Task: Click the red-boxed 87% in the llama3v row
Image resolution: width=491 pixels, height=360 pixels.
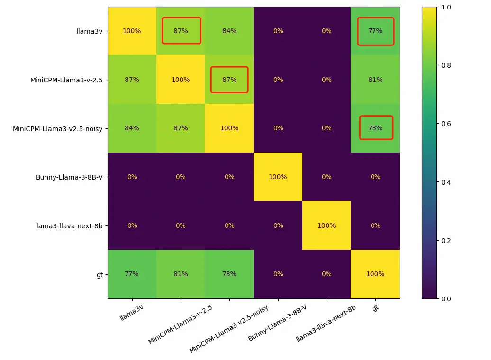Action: coord(181,31)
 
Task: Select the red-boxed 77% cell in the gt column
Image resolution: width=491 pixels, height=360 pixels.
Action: coord(375,31)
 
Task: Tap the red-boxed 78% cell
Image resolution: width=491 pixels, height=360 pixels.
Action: coord(375,128)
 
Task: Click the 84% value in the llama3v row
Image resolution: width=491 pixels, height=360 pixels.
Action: coord(229,31)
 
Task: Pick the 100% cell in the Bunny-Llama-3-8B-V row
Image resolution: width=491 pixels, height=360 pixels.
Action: coord(278,177)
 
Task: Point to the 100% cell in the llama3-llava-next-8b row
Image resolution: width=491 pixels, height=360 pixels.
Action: coord(327,225)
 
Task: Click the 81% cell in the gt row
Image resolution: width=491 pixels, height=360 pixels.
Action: coord(181,274)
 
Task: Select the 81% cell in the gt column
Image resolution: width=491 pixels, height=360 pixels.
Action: coord(375,80)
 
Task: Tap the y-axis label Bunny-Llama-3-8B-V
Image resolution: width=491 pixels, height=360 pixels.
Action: coord(70,177)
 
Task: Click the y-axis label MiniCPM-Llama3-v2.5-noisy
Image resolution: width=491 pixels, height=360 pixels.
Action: coord(58,128)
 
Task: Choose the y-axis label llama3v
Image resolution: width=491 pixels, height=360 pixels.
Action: coord(92,31)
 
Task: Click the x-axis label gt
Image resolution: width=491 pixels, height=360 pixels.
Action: coord(375,308)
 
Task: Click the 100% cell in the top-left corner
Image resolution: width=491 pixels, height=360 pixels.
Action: coord(132,31)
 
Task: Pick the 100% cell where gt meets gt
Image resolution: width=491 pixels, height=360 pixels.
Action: coord(375,274)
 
